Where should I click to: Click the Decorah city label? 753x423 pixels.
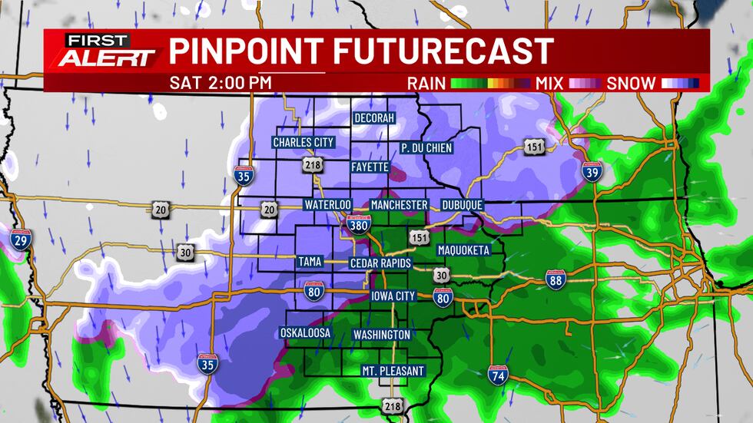click(x=374, y=118)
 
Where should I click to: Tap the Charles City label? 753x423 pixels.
click(x=304, y=143)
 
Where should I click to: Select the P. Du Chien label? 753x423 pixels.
click(x=426, y=147)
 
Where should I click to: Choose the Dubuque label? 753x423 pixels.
click(x=462, y=205)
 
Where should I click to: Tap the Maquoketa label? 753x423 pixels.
click(x=463, y=250)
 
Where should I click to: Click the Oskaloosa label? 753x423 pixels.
click(x=305, y=333)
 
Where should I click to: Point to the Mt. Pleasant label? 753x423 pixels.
click(x=393, y=371)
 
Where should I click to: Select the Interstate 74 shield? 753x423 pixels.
click(x=497, y=375)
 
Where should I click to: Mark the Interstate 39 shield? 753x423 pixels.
click(x=592, y=173)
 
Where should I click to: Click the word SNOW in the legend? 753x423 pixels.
click(x=632, y=83)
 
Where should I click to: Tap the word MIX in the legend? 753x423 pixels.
click(x=548, y=83)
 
